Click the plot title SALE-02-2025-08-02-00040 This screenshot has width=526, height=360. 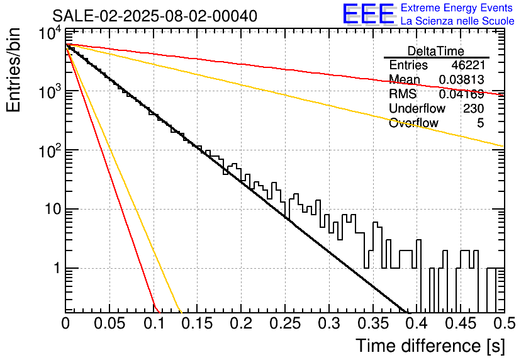[x=155, y=16]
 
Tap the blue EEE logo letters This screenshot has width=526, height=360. [x=368, y=14]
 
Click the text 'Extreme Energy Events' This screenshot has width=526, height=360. [x=457, y=8]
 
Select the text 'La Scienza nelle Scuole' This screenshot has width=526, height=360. [x=457, y=21]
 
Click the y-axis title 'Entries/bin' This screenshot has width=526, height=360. [x=14, y=70]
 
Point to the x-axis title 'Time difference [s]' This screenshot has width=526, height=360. [x=430, y=346]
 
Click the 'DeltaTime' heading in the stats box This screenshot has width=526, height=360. [x=436, y=51]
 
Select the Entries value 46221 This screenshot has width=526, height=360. [x=468, y=65]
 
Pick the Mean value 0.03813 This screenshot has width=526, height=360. [x=462, y=79]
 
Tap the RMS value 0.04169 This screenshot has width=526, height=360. [x=462, y=94]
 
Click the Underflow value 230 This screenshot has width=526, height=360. [x=474, y=108]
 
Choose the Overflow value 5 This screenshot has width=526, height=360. [x=480, y=123]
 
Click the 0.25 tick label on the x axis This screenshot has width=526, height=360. [x=285, y=323]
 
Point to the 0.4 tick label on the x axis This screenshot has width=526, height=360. [x=417, y=323]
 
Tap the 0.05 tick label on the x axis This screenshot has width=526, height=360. [x=109, y=323]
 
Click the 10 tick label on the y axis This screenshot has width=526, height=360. [x=53, y=210]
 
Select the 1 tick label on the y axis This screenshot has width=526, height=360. [x=57, y=268]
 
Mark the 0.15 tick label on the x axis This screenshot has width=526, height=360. [x=198, y=323]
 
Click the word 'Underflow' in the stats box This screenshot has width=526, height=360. [x=417, y=108]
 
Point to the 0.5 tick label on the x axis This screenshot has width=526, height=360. [x=504, y=323]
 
